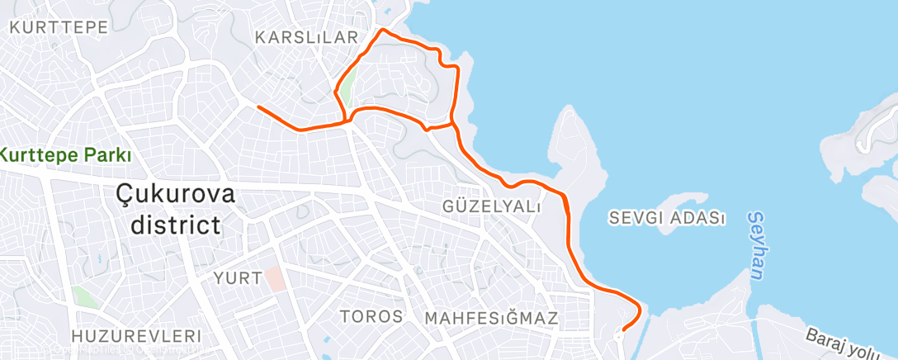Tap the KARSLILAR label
[x=306, y=38]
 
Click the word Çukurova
[x=175, y=195]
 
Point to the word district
[x=168, y=225]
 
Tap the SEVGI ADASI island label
[x=667, y=219]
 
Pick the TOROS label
[x=371, y=316]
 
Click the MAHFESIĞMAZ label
[x=491, y=318]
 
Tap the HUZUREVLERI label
[x=136, y=336]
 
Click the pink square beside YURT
[x=275, y=278]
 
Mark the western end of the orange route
[x=258, y=107]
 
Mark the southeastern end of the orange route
[x=622, y=329]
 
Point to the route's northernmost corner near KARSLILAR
[x=380, y=30]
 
